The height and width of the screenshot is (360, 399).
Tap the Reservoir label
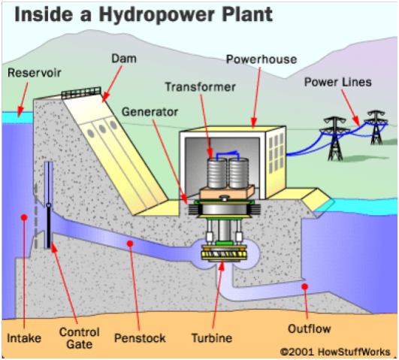point(35,73)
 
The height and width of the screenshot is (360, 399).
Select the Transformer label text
point(201,87)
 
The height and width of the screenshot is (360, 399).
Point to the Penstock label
point(140,338)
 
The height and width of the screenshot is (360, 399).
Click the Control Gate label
point(79,338)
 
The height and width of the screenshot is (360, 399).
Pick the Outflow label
point(309,328)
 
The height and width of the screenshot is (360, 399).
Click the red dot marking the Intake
point(24,217)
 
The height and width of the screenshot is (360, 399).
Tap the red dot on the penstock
point(130,244)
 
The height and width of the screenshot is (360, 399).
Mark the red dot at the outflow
point(304,286)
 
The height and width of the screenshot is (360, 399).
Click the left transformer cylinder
point(216,173)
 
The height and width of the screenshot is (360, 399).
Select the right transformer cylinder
point(239,173)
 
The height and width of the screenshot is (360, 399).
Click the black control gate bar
point(49,226)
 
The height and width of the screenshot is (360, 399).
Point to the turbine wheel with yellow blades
point(224,253)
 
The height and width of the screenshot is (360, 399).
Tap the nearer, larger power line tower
point(334,139)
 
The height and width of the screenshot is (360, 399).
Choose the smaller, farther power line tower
point(376,127)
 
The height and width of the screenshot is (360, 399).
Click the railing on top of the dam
point(81,93)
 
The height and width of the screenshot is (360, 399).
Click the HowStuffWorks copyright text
point(335,352)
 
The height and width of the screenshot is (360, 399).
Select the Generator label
point(150,112)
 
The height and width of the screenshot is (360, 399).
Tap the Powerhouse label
point(261,59)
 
